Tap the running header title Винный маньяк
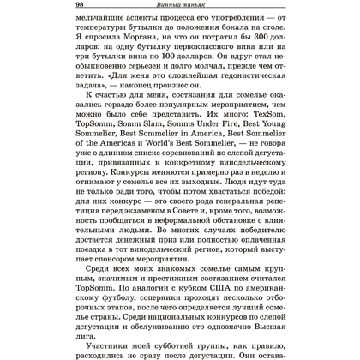[180, 7]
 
